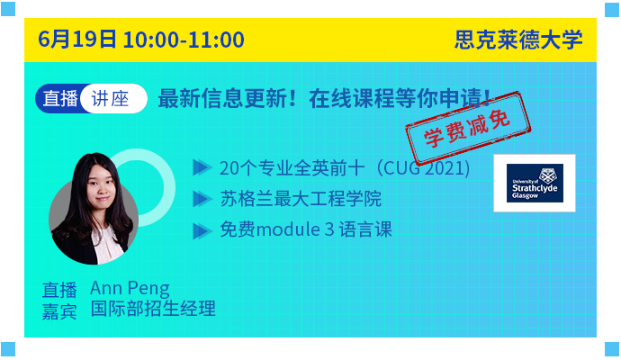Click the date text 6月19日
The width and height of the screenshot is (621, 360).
tap(77, 40)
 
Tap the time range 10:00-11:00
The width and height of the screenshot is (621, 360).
tap(184, 40)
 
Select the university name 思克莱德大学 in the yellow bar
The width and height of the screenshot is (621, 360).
tap(518, 40)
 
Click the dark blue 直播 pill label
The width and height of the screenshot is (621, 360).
tap(59, 99)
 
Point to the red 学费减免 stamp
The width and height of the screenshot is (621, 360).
tap(468, 129)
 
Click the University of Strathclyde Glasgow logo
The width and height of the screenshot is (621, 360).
tap(535, 183)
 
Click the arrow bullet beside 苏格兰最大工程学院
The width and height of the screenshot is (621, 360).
tap(202, 199)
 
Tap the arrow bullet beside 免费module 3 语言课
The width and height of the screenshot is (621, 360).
tap(202, 231)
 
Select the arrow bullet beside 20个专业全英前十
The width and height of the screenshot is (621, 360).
tap(202, 167)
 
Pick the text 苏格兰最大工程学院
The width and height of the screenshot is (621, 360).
tap(301, 199)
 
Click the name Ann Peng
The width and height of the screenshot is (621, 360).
tap(130, 288)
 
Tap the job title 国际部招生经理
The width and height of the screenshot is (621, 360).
tap(153, 309)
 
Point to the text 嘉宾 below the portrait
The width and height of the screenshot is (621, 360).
tap(59, 311)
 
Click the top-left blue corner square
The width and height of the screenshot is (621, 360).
tap(8, 9)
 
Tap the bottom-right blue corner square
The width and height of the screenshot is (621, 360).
tap(612, 349)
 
